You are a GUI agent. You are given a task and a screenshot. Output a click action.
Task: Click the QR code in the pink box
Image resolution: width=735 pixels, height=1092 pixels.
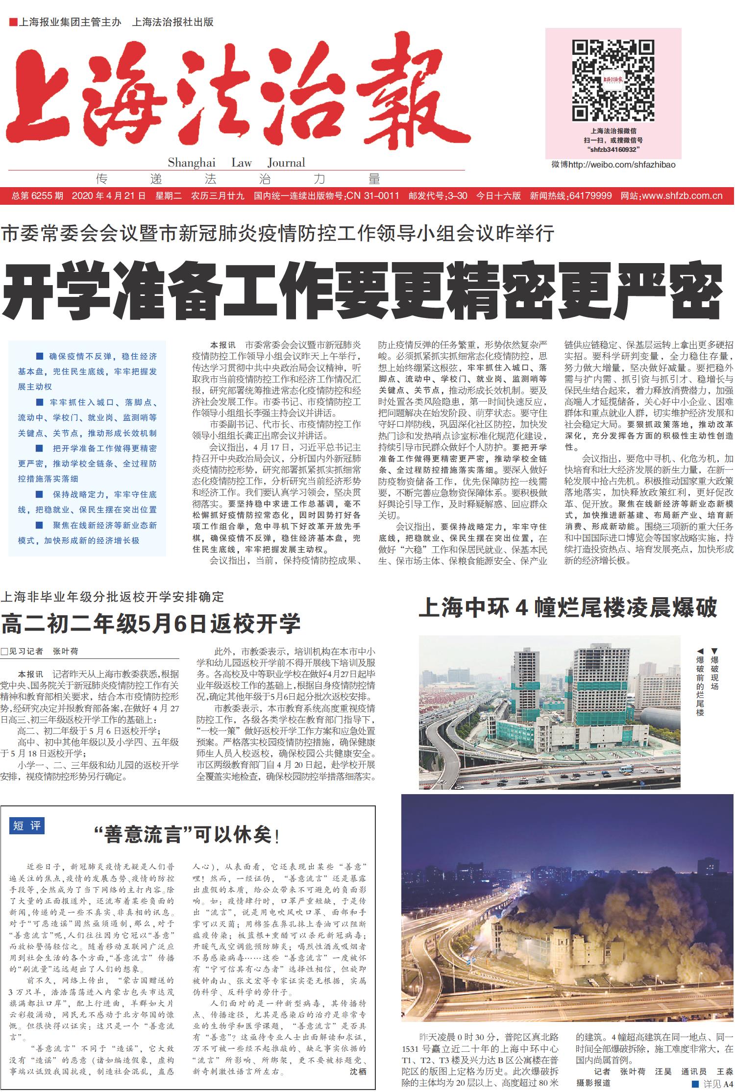click(x=613, y=81)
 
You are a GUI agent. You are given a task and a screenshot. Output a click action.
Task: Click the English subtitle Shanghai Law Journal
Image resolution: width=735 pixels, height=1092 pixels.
click(x=236, y=163)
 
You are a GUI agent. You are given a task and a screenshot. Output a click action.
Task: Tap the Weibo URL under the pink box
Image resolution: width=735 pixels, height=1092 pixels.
click(x=613, y=165)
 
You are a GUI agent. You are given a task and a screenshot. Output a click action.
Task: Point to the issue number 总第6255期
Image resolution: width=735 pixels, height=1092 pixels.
click(x=37, y=196)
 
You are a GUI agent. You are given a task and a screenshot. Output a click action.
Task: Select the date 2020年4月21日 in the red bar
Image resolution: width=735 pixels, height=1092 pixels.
click(x=108, y=196)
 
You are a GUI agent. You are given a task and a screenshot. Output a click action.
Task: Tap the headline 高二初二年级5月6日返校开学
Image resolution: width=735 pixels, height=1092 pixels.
click(x=150, y=624)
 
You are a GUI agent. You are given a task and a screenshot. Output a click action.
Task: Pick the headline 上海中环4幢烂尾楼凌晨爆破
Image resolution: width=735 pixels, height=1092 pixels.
click(x=567, y=608)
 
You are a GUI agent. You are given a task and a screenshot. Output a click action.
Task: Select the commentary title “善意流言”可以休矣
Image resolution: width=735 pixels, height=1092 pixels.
click(x=187, y=834)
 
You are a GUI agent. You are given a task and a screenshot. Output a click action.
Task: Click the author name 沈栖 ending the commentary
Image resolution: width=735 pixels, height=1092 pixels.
click(x=358, y=1071)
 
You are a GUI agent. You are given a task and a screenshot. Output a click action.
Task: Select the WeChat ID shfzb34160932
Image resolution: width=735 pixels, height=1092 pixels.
click(x=613, y=149)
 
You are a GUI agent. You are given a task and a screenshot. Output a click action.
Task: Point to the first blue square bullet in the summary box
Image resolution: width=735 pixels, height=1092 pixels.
click(x=40, y=356)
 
